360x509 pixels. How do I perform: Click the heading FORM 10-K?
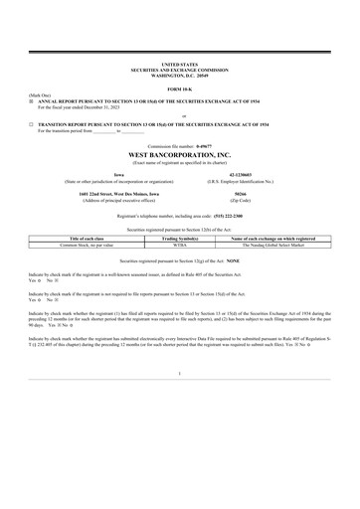(x=179, y=87)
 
